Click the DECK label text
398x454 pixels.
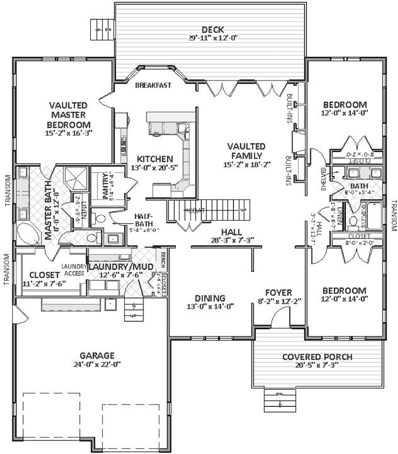213,30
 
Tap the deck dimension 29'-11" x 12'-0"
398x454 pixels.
213,39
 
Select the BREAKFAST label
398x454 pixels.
153,86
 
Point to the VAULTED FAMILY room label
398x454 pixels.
245,150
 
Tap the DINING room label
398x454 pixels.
209,298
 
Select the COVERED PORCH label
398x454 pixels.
317,357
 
